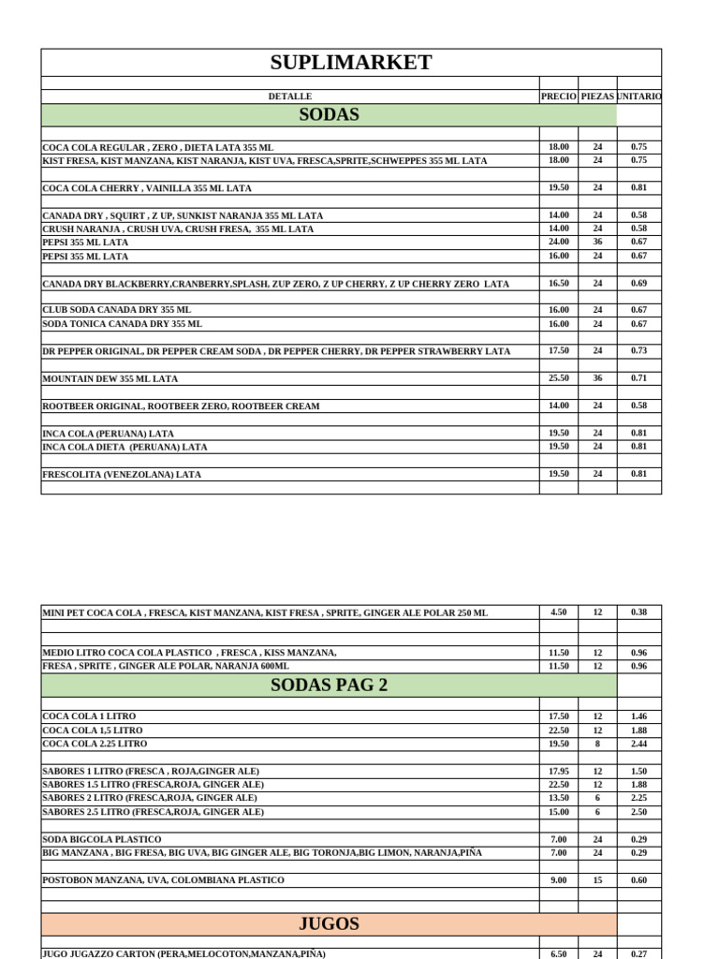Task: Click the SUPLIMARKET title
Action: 351,63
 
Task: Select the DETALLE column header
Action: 290,96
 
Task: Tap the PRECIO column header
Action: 559,96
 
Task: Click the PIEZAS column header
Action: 597,96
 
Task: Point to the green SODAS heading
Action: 329,115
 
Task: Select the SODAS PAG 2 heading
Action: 329,685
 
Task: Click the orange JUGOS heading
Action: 329,923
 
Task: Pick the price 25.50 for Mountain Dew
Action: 559,378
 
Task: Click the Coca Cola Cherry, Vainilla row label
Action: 147,188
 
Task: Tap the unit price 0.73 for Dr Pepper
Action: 638,350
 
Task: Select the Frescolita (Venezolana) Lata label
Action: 122,475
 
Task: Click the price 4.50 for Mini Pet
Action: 559,612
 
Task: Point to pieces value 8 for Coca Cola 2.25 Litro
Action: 597,744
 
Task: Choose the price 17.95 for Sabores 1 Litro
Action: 559,771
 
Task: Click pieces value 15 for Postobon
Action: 597,880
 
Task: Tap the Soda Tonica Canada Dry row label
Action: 122,324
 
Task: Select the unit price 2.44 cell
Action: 638,744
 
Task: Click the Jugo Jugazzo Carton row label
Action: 184,953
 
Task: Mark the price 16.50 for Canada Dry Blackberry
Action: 559,283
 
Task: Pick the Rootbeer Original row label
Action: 181,406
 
